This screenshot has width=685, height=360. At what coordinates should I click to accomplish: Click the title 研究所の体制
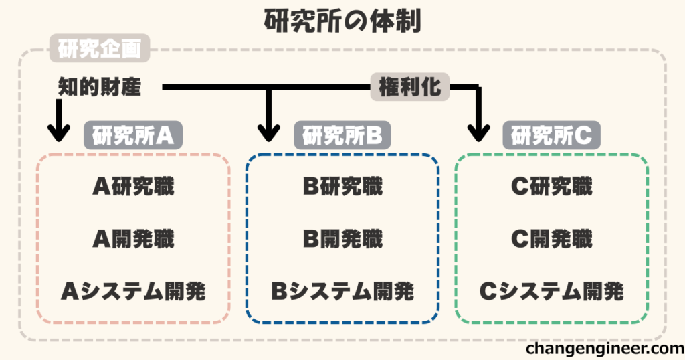[x=342, y=21]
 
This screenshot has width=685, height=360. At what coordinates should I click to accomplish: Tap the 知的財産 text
[x=100, y=87]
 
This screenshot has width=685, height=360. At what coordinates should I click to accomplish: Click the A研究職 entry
[x=133, y=187]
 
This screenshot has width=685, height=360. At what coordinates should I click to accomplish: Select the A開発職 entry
[x=133, y=239]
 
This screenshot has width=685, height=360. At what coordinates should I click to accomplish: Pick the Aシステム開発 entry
[x=133, y=291]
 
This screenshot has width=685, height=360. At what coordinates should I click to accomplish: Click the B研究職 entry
[x=342, y=187]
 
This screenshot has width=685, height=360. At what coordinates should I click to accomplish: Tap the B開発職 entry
[x=342, y=239]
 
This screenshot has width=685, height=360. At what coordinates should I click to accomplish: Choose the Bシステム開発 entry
[x=342, y=291]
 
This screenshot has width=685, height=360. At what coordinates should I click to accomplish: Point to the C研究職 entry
[x=551, y=187]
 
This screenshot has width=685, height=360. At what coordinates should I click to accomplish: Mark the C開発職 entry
[x=551, y=239]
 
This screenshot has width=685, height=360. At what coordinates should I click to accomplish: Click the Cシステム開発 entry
[x=551, y=291]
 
